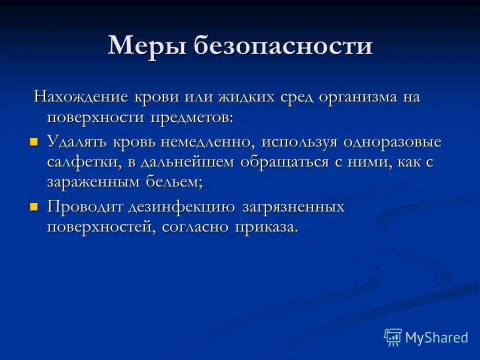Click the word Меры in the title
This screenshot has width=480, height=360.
[144, 46]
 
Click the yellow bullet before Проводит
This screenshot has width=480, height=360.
[34, 206]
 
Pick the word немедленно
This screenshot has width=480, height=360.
[208, 141]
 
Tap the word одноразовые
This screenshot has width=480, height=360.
[392, 141]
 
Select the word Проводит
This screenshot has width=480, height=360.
[81, 206]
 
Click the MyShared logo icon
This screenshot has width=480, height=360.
[393, 337]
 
